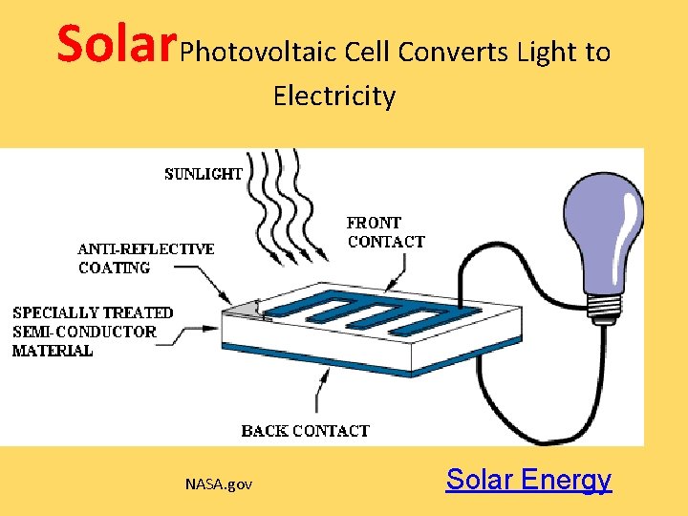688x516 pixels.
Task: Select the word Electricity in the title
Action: click(x=333, y=96)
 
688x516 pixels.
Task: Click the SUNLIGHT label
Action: click(x=203, y=174)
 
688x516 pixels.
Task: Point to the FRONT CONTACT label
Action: click(x=385, y=232)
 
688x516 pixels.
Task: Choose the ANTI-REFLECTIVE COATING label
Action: click(x=145, y=258)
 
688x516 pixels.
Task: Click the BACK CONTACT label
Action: click(x=305, y=431)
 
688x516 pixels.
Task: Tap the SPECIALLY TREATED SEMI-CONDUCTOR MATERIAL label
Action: click(x=93, y=332)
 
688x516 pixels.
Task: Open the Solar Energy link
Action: click(x=528, y=479)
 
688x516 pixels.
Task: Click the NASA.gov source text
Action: click(x=219, y=484)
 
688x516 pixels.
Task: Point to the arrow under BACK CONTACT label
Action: click(x=323, y=392)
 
